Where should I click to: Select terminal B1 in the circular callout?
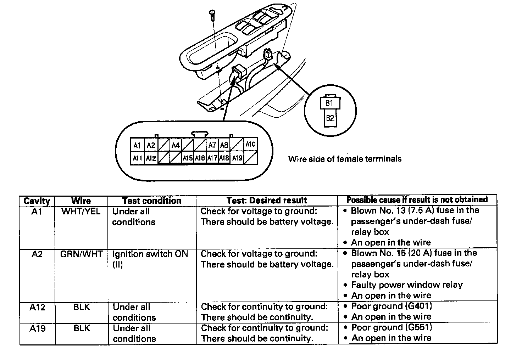tap(329, 103)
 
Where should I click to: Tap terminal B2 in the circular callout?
tap(330, 118)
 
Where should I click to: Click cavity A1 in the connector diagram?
tap(137, 145)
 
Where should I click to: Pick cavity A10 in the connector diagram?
tap(251, 144)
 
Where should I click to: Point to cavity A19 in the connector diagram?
tap(237, 158)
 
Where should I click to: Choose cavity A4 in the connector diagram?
tap(176, 145)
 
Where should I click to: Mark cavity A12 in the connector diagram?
tap(151, 158)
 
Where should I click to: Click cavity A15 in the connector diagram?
tap(188, 158)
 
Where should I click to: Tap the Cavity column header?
tap(37, 201)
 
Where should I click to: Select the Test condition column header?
tap(152, 201)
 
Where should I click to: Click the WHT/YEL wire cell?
tap(81, 212)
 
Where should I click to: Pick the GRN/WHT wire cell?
tap(81, 254)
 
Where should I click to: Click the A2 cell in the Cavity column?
tap(37, 254)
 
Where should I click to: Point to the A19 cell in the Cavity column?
tap(37, 328)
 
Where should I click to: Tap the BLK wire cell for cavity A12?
tap(82, 307)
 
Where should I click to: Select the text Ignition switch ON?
tap(150, 254)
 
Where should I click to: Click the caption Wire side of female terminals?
tap(345, 159)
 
